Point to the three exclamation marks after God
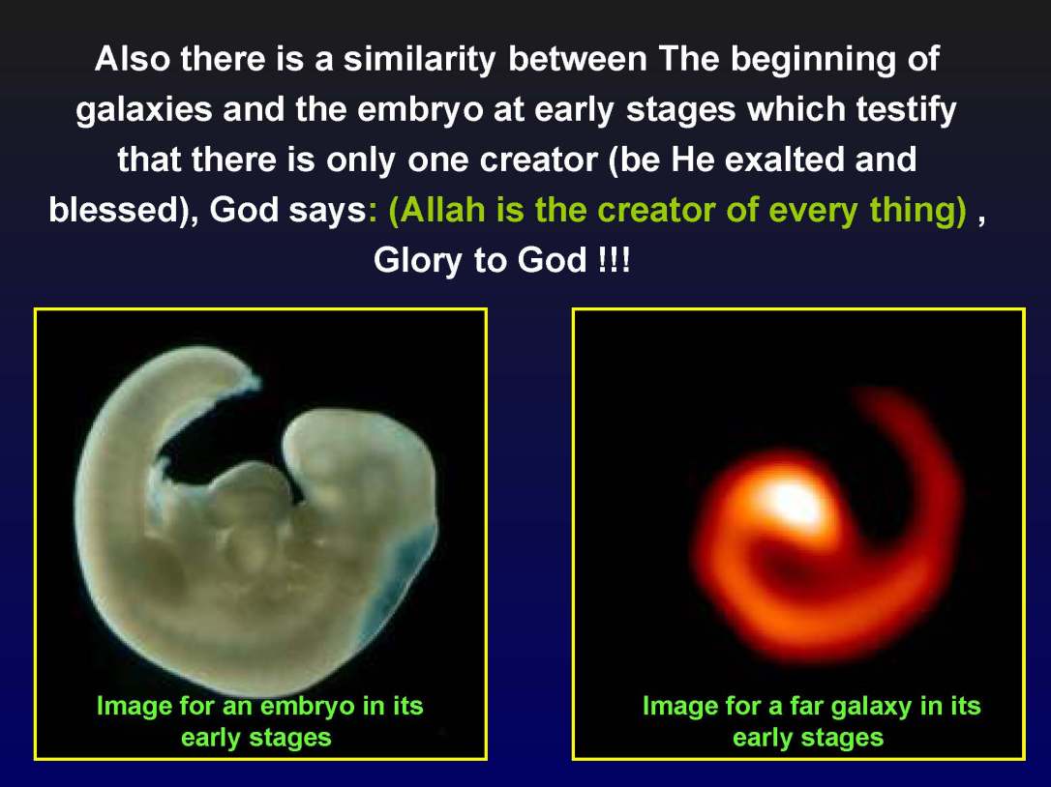(614, 261)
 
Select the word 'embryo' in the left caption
(304, 706)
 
